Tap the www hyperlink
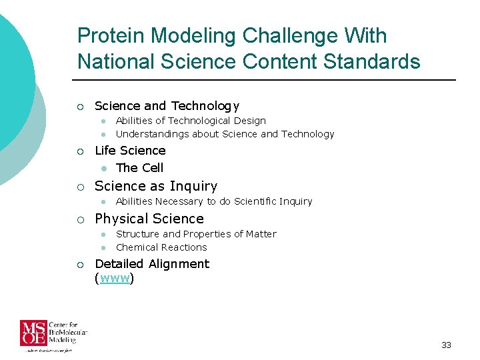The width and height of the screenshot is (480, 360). [x=114, y=279]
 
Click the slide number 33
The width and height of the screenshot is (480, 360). [x=446, y=345]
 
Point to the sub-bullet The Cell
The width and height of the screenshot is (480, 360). [x=139, y=168]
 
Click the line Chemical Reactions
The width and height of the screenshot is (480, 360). [x=161, y=247]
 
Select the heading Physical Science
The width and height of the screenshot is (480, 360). [x=149, y=219]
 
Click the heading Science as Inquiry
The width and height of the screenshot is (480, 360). [x=156, y=186]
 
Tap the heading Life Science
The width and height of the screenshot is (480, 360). [x=130, y=151]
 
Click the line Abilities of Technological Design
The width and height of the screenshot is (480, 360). [x=191, y=121]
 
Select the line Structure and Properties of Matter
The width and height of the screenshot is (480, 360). [x=196, y=234]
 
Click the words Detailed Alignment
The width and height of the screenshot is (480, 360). [x=152, y=264]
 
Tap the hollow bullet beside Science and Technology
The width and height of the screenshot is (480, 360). [x=80, y=107]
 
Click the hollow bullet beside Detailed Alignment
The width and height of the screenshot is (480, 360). [x=80, y=265]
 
